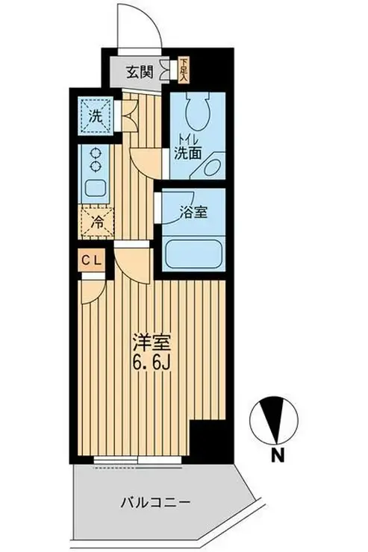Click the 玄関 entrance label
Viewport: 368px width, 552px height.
point(140,72)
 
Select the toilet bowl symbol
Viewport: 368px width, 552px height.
point(197,112)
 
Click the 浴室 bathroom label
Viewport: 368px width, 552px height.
point(194,213)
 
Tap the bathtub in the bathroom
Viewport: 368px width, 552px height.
point(193,254)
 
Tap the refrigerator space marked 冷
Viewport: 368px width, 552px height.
point(96,222)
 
